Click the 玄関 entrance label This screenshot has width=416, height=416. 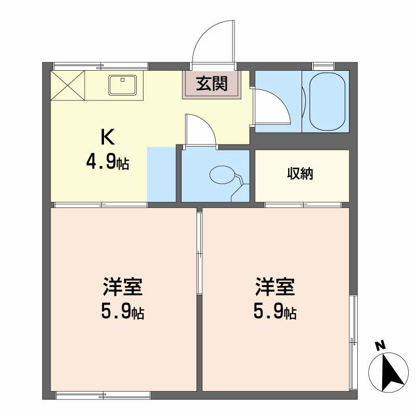[212, 84]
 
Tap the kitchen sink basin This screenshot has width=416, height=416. [123, 84]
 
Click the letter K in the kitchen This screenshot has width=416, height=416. [107, 137]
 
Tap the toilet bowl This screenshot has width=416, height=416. [222, 175]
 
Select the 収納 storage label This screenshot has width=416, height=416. [300, 175]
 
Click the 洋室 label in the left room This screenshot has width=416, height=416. [123, 287]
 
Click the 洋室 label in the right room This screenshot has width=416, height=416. [275, 287]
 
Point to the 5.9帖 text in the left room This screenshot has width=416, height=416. [123, 312]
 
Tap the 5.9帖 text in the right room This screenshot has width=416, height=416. [275, 312]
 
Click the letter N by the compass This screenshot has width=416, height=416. [380, 345]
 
